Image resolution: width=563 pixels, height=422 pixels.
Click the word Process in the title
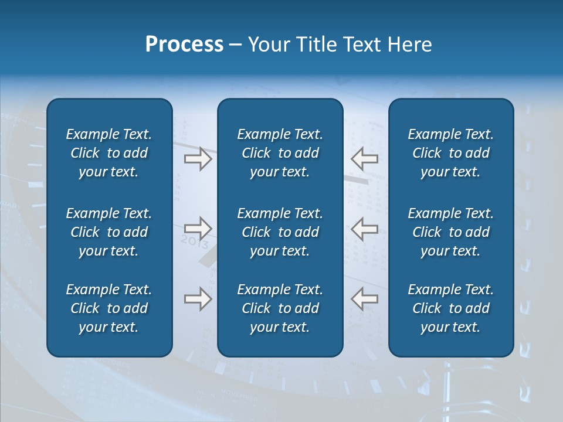[184, 45]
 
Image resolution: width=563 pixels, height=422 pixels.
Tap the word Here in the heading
[410, 45]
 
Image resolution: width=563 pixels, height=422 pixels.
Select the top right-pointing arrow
[198, 158]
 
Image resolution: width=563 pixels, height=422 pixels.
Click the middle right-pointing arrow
[198, 228]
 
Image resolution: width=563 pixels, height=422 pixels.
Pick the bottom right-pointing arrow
[198, 299]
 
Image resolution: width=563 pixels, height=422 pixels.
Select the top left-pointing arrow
[365, 158]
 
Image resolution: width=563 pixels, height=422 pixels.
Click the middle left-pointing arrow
[365, 228]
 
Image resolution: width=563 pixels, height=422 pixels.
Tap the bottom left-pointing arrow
[365, 299]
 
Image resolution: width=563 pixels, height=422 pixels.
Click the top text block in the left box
[109, 153]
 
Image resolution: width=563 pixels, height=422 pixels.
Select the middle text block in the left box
[109, 232]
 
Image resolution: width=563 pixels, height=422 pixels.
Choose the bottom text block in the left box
[109, 308]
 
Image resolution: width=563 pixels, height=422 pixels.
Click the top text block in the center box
[280, 153]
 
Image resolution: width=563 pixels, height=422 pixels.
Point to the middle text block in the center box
[280, 232]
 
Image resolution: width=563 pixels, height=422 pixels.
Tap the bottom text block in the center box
[280, 308]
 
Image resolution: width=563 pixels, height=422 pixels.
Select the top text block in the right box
[450, 153]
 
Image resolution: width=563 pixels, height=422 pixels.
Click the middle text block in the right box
[450, 232]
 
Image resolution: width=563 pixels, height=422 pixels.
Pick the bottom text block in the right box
[450, 308]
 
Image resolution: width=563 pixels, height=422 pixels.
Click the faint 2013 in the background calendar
[195, 241]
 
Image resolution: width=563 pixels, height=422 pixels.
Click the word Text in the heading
[362, 45]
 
